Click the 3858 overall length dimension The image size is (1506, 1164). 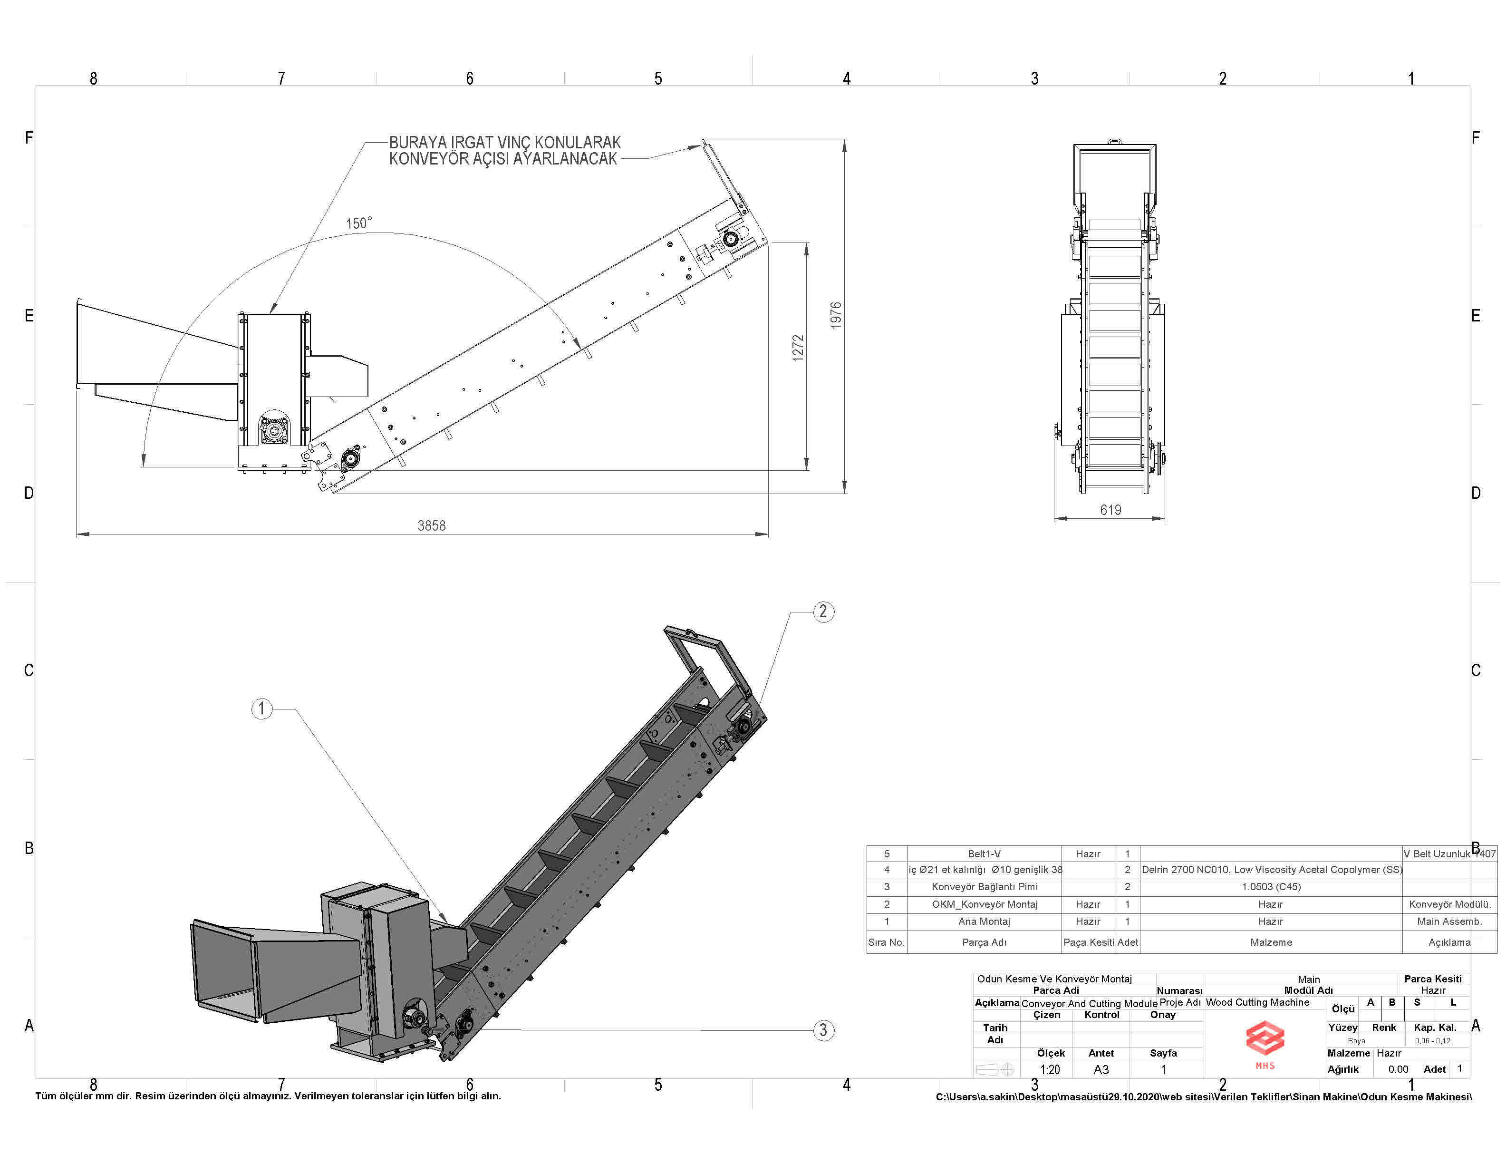tap(432, 525)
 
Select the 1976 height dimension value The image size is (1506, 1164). tap(836, 315)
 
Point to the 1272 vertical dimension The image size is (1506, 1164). tap(798, 348)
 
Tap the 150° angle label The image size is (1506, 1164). tap(358, 223)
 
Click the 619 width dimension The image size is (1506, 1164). tap(1110, 510)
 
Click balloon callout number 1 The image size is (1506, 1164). tap(261, 708)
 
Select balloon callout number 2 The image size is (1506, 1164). tap(823, 611)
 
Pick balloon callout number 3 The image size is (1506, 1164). tap(823, 1030)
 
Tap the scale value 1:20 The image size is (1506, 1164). tap(1050, 1069)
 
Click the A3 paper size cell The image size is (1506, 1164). tap(1101, 1069)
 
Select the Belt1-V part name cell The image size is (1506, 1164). tap(984, 854)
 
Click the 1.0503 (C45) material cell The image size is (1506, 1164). tap(1270, 887)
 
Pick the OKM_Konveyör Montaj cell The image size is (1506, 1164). tap(984, 904)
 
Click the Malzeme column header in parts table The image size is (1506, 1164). tap(1271, 942)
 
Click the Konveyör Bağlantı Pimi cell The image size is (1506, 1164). tap(984, 887)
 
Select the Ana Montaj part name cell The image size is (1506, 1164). tap(984, 921)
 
